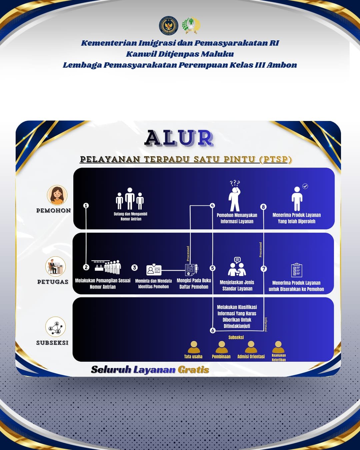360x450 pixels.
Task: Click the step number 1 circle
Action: [x=86, y=205]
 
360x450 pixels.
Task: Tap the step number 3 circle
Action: [x=134, y=267]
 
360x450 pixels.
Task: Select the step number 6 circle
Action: [x=213, y=330]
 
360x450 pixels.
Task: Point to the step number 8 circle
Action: [x=263, y=207]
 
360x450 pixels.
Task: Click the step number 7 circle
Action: [x=264, y=268]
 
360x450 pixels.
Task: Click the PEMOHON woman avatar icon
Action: [x=57, y=195]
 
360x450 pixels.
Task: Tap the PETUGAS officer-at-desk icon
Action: [x=55, y=266]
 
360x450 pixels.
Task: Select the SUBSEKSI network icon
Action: [x=56, y=327]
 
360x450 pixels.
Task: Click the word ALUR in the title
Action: [x=179, y=138]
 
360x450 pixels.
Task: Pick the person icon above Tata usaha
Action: [x=194, y=347]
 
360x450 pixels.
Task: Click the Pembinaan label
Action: [x=221, y=357]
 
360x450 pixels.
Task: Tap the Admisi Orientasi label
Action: [x=251, y=357]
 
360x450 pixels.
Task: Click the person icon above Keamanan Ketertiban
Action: [x=278, y=347]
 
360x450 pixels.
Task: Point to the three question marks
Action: [x=235, y=183]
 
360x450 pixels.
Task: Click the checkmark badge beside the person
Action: [x=305, y=186]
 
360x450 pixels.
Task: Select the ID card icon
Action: [x=154, y=270]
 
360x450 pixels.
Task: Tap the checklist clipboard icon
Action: [x=296, y=270]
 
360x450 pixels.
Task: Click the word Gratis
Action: [x=193, y=370]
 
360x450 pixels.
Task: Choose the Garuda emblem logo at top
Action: [x=169, y=26]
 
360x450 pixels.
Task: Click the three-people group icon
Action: [x=130, y=199]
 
